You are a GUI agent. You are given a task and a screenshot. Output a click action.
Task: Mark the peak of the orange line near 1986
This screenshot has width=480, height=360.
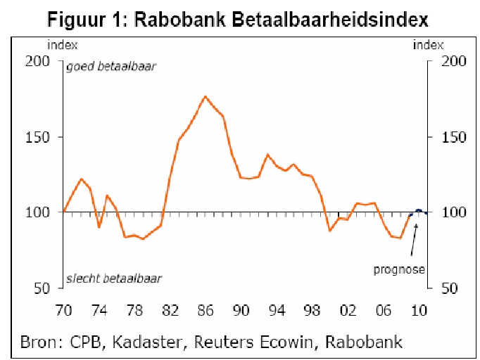(x=205, y=96)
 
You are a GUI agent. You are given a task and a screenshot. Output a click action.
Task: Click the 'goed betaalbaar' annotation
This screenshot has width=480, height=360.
(x=110, y=67)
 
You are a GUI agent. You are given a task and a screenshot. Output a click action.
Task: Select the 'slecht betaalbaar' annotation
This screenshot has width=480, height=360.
(x=114, y=278)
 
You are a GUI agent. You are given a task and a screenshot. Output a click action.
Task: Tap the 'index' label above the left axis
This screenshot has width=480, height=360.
(x=60, y=46)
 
